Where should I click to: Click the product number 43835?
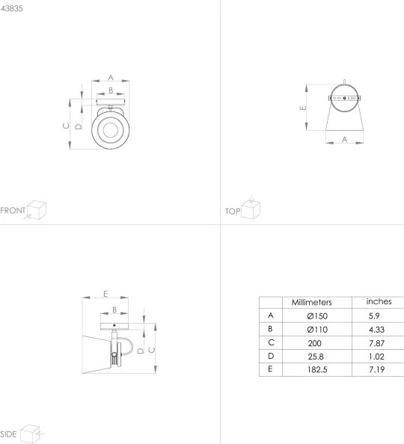pos(13,7)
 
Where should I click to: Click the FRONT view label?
pos(13,210)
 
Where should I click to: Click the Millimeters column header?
pos(311,302)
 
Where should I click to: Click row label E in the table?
pos(269,369)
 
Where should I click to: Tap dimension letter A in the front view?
pos(110,77)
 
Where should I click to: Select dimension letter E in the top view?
pos(302,108)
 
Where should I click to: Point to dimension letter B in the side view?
pos(114,309)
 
